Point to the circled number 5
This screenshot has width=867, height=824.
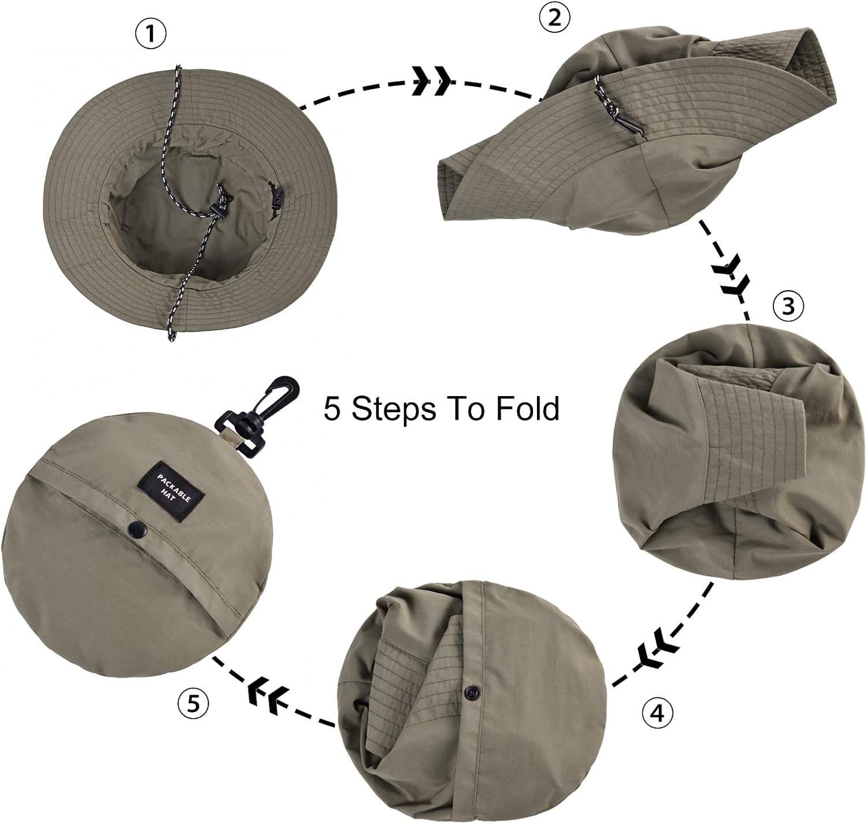pos(192,703)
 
